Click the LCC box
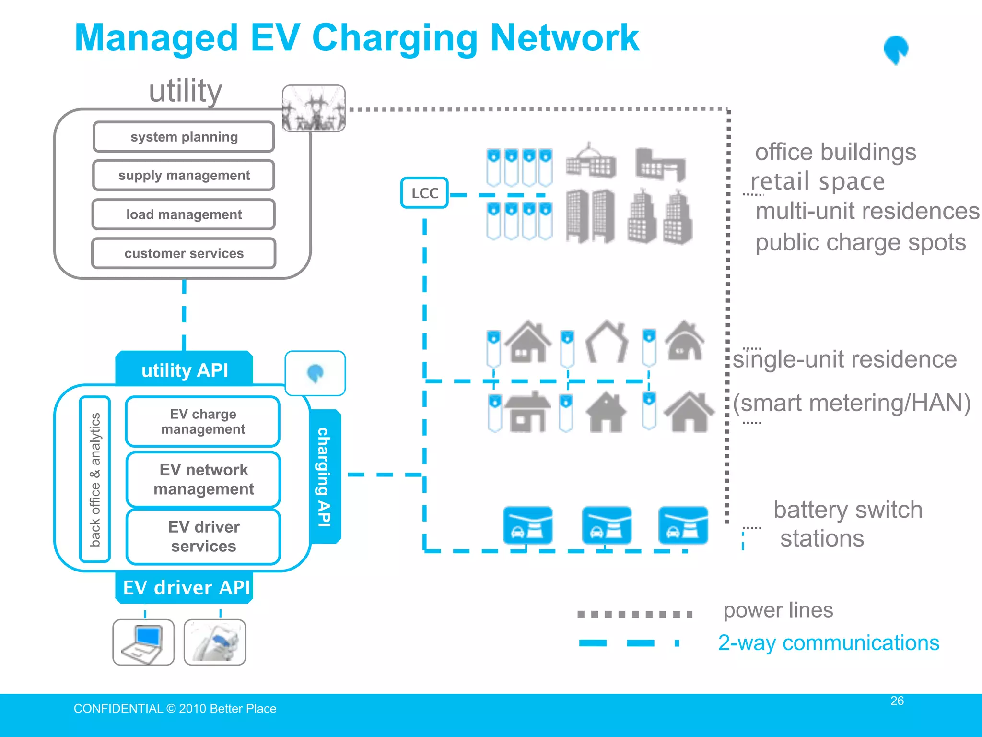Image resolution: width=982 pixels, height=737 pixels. tap(424, 193)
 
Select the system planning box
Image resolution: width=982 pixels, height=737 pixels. tap(184, 137)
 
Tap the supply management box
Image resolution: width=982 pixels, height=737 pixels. tap(184, 176)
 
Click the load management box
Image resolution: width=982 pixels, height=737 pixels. tap(184, 214)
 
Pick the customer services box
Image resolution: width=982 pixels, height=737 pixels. tap(184, 253)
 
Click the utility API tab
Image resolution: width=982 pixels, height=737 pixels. tap(185, 370)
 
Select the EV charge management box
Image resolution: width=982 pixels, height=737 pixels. tap(203, 421)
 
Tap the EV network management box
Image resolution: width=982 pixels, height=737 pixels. tap(203, 479)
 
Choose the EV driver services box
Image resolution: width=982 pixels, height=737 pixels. tap(203, 536)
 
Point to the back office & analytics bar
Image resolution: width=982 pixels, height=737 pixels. tap(95, 479)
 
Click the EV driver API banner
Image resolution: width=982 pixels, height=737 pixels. tap(186, 587)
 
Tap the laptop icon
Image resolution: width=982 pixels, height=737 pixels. tap(143, 642)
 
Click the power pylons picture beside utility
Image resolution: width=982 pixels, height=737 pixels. tap(314, 108)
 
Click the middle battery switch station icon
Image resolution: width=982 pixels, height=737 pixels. tap(606, 525)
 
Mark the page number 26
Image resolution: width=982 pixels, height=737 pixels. tap(897, 701)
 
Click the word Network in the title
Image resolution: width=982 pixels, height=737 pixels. tap(564, 38)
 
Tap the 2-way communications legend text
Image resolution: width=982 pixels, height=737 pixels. tap(828, 642)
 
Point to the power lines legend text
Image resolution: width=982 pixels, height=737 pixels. tap(778, 610)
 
